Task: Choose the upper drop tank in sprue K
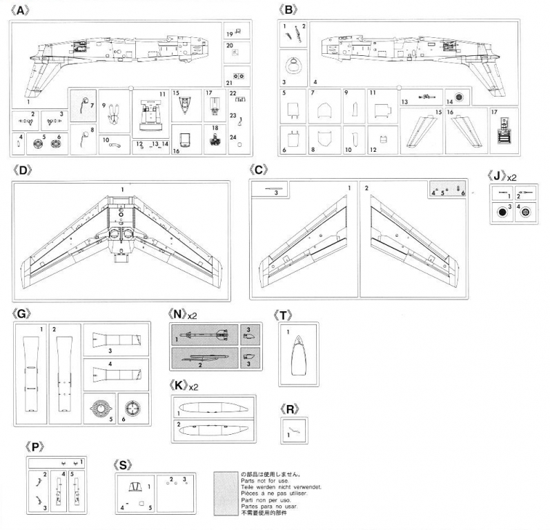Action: pyautogui.click(x=210, y=407)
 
